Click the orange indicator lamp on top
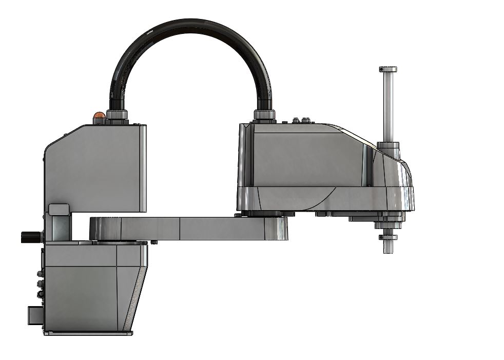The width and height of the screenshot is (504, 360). [98, 117]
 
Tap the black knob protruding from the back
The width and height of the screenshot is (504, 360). [31, 237]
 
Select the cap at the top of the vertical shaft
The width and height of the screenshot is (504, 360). [389, 69]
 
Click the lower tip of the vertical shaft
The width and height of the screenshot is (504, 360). [388, 249]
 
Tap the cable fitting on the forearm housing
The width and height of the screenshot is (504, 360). [265, 115]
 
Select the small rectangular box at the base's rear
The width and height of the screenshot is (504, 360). [35, 315]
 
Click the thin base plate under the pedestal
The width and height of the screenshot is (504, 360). [87, 334]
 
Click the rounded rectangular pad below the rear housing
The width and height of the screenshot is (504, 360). [59, 210]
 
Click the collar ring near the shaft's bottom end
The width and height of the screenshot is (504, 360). [388, 237]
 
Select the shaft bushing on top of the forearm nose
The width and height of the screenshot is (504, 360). [389, 148]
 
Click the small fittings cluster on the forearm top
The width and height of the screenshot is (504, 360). [301, 121]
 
